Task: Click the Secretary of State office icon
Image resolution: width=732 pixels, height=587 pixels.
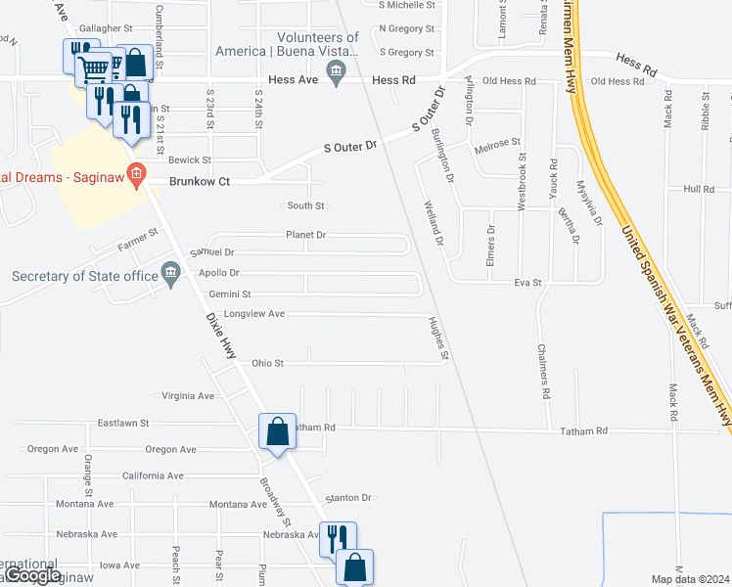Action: coord(171,272)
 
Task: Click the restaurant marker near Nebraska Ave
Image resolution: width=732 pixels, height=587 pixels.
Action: coord(338,539)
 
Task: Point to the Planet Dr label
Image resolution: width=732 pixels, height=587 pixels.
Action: coord(305,235)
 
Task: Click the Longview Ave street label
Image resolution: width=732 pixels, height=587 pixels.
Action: coord(253,314)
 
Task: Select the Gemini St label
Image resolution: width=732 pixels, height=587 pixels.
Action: coord(231,293)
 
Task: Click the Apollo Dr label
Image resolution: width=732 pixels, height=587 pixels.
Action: coord(218,273)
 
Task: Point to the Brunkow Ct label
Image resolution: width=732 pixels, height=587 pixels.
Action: coord(199,181)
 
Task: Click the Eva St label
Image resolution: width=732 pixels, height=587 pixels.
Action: coord(528,282)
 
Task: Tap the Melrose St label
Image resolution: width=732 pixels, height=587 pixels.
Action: coord(496,144)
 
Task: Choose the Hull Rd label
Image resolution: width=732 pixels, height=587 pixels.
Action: coord(700,189)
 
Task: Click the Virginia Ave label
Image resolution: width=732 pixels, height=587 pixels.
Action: coord(187,396)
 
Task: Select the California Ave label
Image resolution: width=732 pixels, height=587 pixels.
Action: coord(153,475)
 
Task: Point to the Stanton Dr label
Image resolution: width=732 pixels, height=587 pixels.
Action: coord(349,497)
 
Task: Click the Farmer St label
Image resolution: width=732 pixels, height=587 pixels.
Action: coord(138,236)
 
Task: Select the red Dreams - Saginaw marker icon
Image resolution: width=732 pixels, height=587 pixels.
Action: coord(136,177)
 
